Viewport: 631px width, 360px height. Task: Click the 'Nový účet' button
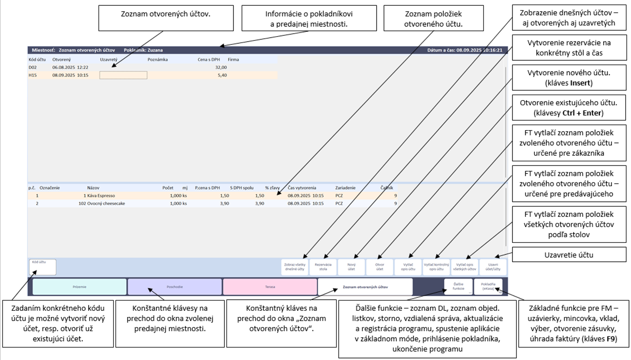pos(351,267)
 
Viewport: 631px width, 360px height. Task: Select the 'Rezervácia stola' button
pos(323,267)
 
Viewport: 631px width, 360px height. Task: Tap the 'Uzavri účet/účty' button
pos(493,267)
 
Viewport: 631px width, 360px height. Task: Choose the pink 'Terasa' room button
pos(270,287)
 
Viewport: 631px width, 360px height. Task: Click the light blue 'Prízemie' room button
pos(79,287)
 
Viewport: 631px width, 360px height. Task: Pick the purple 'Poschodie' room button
pos(175,287)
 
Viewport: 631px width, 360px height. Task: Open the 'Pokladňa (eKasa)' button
pos(487,286)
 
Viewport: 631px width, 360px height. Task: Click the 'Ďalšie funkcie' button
pos(458,286)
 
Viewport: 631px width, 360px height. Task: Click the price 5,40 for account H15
pos(222,75)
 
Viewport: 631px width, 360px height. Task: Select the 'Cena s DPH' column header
pos(207,59)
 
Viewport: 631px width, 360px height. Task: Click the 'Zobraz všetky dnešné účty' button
pos(295,267)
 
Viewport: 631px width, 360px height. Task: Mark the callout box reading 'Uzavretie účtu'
pos(571,255)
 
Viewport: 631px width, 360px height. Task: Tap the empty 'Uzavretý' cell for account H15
pos(123,75)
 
